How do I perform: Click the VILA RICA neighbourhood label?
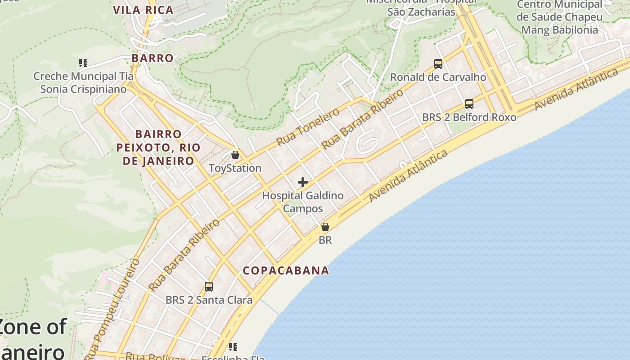click(143, 10)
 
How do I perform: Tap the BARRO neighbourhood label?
click(153, 58)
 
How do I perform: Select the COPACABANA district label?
click(286, 270)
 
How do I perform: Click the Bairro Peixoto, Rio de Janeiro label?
click(158, 148)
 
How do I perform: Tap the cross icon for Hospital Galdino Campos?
click(303, 182)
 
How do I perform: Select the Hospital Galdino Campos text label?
click(303, 202)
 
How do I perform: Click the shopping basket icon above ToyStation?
click(235, 155)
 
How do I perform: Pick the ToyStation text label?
click(235, 168)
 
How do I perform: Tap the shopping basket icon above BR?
click(325, 227)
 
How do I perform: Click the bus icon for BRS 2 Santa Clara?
click(209, 287)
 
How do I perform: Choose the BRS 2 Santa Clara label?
click(209, 300)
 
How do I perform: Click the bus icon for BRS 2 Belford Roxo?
click(469, 104)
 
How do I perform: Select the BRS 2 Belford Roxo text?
click(469, 117)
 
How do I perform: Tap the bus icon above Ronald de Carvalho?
click(438, 64)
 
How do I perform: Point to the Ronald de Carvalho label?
click(438, 77)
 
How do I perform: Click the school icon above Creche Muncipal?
click(83, 63)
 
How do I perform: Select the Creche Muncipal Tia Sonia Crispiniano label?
click(83, 83)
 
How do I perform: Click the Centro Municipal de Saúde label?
click(559, 17)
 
